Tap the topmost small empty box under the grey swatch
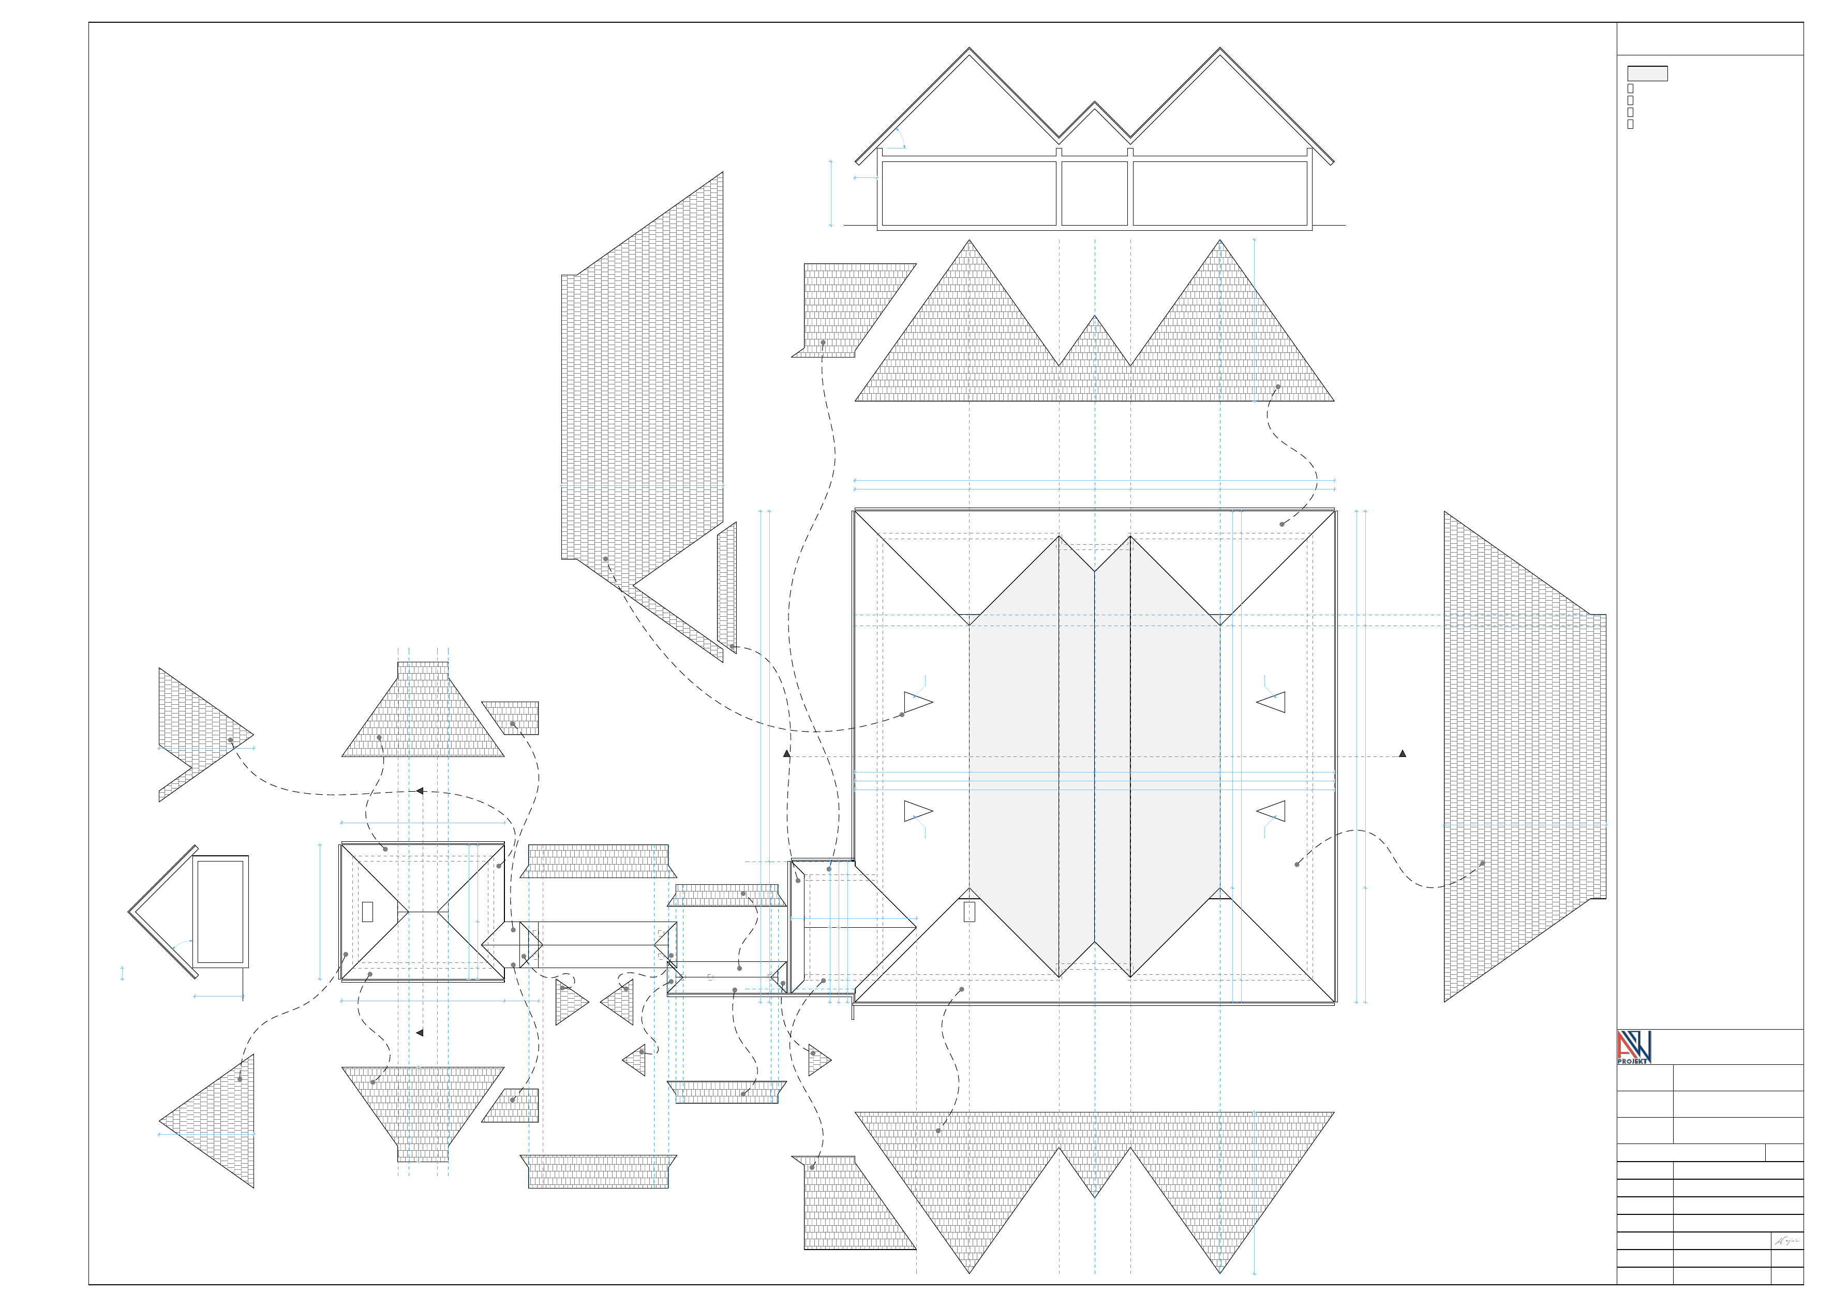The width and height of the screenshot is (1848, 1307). pyautogui.click(x=1630, y=88)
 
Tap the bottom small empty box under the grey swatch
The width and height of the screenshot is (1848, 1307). pyautogui.click(x=1630, y=124)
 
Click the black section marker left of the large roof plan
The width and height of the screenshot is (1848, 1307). pyautogui.click(x=786, y=754)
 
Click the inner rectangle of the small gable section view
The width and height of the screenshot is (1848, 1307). pyautogui.click(x=220, y=911)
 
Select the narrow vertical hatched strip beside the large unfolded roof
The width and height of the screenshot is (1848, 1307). pyautogui.click(x=727, y=587)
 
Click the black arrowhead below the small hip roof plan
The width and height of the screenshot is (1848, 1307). pyautogui.click(x=420, y=1033)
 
